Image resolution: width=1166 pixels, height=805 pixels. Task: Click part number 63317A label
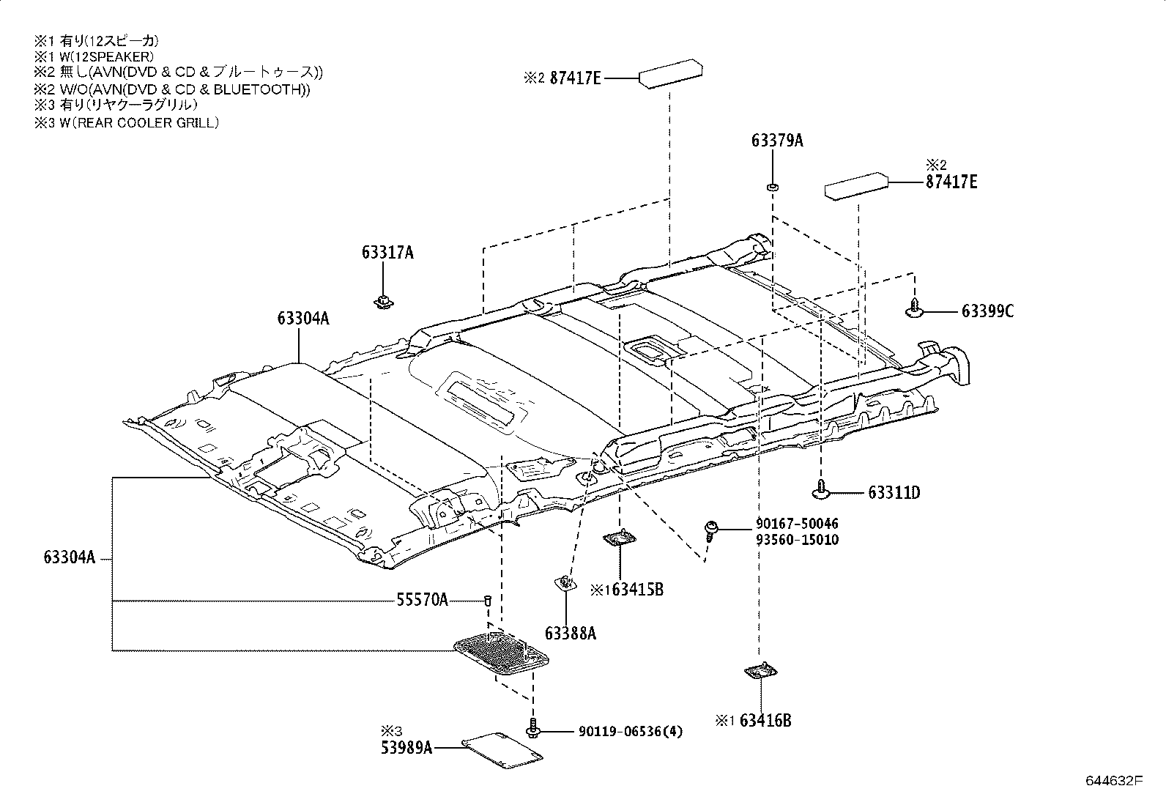point(387,253)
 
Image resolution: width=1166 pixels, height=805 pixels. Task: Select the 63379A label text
point(776,141)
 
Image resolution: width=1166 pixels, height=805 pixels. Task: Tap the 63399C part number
point(987,311)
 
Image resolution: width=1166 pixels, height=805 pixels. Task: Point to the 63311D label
point(894,493)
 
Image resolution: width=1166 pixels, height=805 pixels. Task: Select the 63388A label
point(570,634)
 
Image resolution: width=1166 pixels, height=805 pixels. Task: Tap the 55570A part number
point(422,601)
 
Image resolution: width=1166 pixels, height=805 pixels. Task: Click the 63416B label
point(765,721)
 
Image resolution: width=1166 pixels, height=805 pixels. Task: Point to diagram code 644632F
point(1113,780)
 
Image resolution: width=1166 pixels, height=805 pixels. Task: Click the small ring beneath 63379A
point(771,188)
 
